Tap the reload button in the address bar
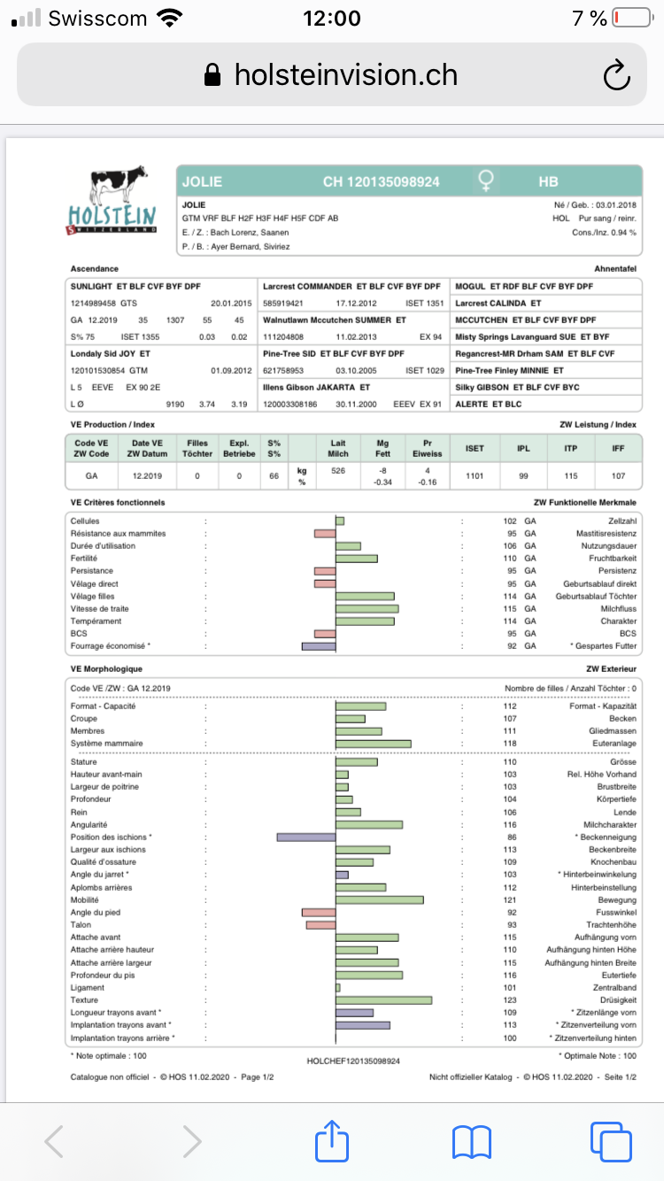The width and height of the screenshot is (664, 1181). [x=615, y=75]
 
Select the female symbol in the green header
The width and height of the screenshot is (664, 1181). [x=486, y=181]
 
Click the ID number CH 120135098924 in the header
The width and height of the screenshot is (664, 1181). [x=381, y=182]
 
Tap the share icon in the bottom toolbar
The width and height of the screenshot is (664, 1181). [x=333, y=1140]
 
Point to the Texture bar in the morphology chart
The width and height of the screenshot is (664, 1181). [x=384, y=1000]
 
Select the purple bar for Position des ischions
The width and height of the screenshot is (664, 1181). [x=305, y=837]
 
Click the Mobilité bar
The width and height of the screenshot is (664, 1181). [x=380, y=899]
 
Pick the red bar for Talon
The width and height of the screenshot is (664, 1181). [x=320, y=925]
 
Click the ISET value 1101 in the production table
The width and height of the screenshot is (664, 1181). [x=475, y=475]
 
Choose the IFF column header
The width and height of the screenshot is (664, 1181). [x=618, y=449]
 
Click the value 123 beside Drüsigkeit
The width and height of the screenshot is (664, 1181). [x=510, y=1000]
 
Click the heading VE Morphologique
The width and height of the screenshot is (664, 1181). [x=106, y=669]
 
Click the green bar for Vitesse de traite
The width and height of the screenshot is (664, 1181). [x=367, y=609]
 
